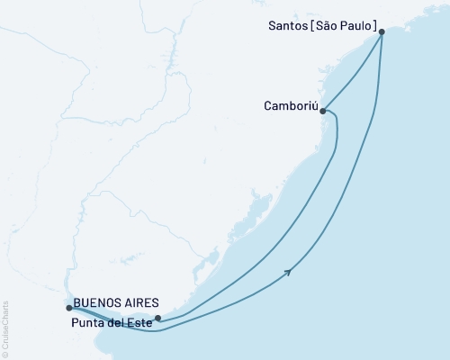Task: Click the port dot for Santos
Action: click(x=382, y=31)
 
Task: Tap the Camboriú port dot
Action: click(x=323, y=112)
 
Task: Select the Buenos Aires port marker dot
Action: click(x=68, y=308)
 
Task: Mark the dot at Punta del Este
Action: click(x=157, y=318)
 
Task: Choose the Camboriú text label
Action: click(x=290, y=105)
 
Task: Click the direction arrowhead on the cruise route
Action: click(x=288, y=271)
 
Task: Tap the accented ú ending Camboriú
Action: click(x=315, y=105)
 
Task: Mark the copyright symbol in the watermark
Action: click(x=5, y=353)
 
